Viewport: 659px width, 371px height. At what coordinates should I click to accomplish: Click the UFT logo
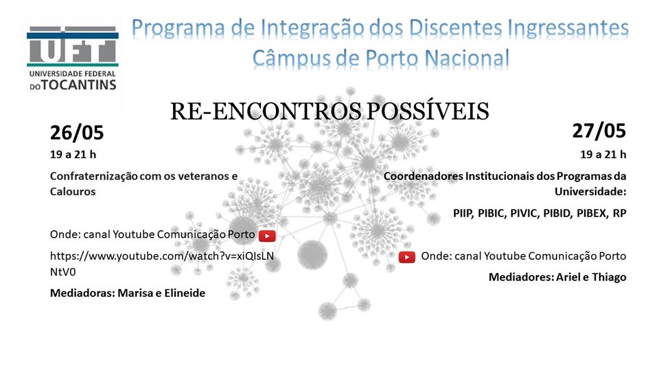click(x=72, y=58)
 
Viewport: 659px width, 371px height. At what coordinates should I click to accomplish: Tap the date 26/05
click(x=77, y=133)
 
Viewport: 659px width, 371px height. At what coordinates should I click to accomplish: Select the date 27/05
click(x=599, y=131)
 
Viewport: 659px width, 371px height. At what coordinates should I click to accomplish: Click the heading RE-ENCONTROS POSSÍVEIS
click(x=329, y=111)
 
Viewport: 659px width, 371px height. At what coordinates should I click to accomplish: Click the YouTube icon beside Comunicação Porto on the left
click(x=267, y=236)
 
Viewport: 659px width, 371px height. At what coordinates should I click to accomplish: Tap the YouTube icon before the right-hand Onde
click(x=407, y=256)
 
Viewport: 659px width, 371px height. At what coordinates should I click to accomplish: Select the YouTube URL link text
click(x=162, y=264)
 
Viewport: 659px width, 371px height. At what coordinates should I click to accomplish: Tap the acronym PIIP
click(x=463, y=213)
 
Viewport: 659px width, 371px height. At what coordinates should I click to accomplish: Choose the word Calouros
click(x=73, y=192)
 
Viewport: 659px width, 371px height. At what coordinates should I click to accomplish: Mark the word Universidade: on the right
click(x=590, y=192)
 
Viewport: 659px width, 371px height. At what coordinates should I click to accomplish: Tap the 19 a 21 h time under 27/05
click(x=603, y=155)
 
